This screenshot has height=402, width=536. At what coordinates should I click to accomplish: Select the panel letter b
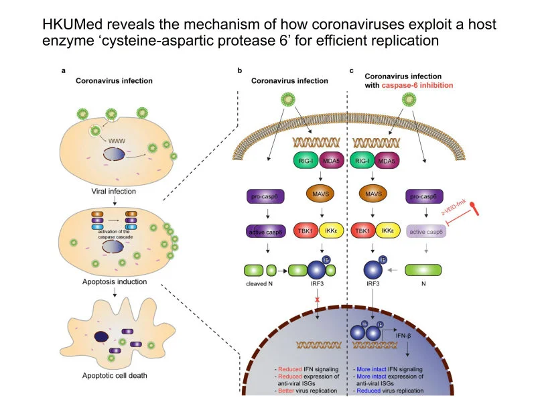[239, 70]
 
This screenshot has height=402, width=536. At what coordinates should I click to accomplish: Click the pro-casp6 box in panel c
[427, 196]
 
